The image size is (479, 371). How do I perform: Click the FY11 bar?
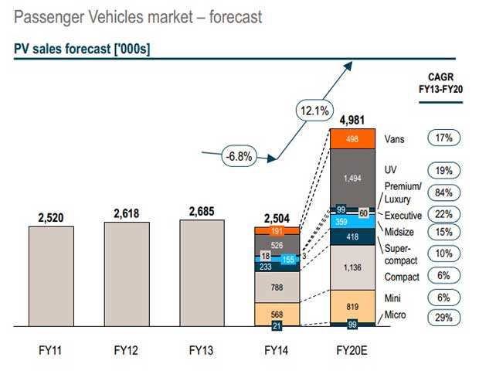click(50, 276)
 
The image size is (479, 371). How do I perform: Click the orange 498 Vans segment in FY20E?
click(352, 139)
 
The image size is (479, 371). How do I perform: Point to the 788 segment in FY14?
click(277, 287)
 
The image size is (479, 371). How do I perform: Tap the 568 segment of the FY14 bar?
click(277, 313)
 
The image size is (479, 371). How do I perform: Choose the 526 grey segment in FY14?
click(277, 245)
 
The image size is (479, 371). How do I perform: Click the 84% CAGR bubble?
click(443, 192)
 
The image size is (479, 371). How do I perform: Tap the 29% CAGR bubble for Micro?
click(443, 317)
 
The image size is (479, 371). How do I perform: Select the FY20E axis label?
click(352, 350)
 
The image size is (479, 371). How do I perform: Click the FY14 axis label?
click(277, 350)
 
